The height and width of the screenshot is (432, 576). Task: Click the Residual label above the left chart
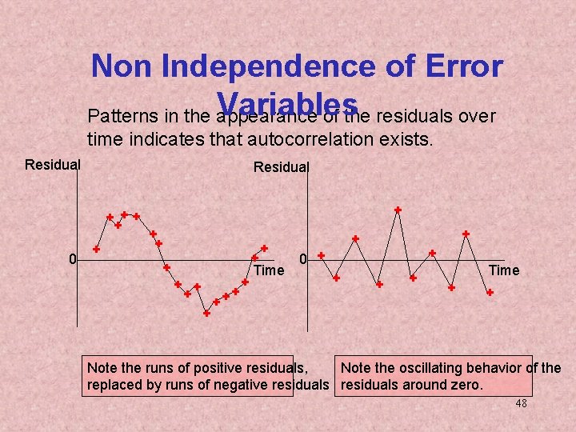tap(53, 165)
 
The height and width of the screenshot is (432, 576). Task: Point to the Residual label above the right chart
tap(281, 167)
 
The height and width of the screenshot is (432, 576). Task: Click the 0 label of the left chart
tap(72, 259)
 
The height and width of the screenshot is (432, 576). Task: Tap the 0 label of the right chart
tap(303, 259)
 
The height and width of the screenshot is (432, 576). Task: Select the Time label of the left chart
tap(269, 270)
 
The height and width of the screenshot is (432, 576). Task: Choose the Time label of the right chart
tap(504, 270)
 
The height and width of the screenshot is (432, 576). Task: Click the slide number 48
tap(521, 404)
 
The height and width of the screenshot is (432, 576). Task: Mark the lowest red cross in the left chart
tap(206, 314)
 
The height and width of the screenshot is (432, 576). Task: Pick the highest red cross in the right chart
tap(398, 210)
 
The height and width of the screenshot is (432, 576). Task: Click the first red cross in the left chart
tap(96, 249)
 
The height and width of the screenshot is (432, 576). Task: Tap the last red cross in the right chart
tap(490, 293)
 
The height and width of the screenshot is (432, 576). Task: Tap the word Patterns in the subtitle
tap(116, 117)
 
